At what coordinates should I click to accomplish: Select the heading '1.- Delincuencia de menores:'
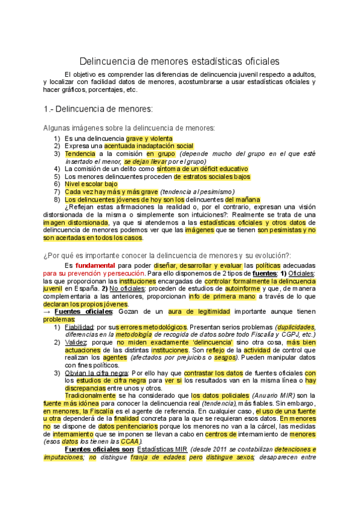pos(98,109)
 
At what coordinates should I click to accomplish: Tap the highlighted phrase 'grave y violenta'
pos(149,139)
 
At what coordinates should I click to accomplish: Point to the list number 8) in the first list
pos(57,199)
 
